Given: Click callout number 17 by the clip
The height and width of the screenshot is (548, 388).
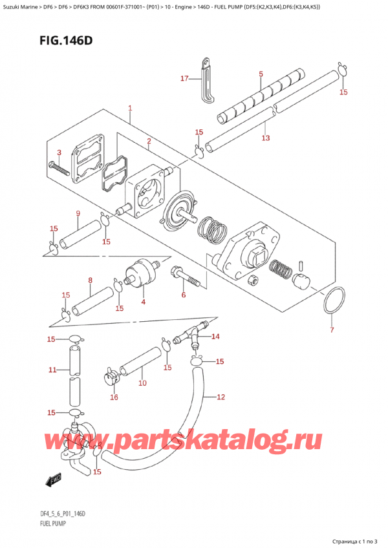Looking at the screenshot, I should pos(185,79).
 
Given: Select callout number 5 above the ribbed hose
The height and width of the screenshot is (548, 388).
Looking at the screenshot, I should pos(261,74).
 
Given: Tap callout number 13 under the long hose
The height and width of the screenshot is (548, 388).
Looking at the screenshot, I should pos(265,138).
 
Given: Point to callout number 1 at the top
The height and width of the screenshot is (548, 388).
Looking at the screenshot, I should pos(130,108).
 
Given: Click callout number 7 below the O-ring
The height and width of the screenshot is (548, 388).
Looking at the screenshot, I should pos(332,331).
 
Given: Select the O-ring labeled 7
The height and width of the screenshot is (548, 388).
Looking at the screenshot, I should pos(332,302).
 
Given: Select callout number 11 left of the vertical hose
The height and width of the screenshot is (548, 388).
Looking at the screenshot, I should pos(52,370).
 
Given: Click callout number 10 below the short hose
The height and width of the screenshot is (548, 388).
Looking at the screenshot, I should pos(142,383).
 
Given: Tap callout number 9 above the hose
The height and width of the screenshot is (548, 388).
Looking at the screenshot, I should pos(78,213).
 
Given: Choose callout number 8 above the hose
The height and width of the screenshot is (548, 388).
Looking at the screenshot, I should pos(90,280).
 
